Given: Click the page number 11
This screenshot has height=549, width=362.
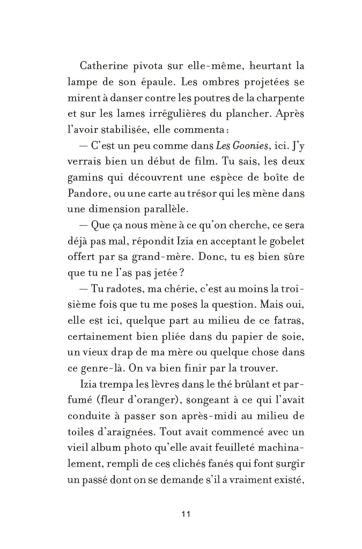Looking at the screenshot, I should click(x=186, y=514).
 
